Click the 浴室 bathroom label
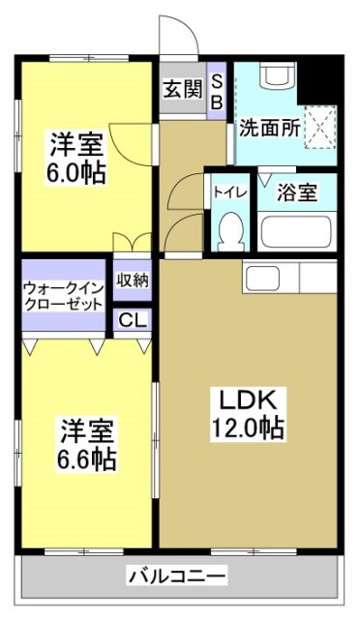click(295, 192)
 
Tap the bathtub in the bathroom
click(295, 232)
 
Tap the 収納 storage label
click(132, 280)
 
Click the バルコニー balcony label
click(178, 576)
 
